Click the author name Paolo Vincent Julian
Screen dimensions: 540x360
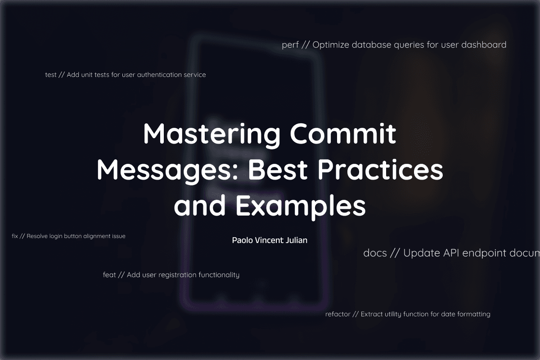point(270,240)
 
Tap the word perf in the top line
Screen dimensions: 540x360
point(290,45)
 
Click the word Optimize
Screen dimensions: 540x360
point(331,45)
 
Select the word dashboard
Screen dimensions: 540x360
point(484,45)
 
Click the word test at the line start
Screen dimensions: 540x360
point(50,75)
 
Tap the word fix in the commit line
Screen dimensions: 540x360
point(15,236)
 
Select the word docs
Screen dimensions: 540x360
point(375,253)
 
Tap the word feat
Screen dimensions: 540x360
point(109,275)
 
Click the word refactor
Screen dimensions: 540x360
point(338,314)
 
